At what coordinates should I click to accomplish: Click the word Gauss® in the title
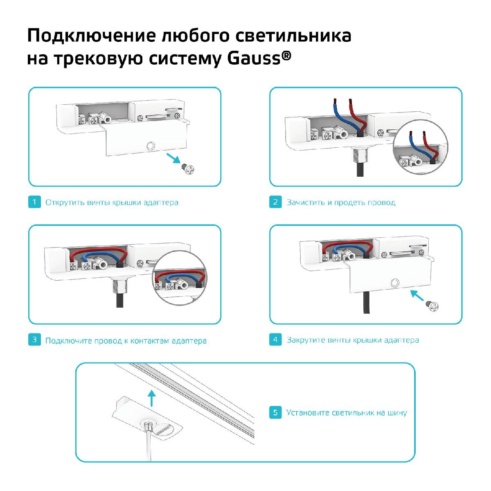click(x=259, y=58)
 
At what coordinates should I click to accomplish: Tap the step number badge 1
click(x=34, y=202)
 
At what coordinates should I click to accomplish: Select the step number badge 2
click(x=275, y=202)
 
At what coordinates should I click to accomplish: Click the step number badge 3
click(x=34, y=340)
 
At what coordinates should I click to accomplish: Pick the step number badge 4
click(x=275, y=340)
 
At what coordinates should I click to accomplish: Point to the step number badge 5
click(x=275, y=412)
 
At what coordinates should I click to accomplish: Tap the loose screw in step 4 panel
click(x=431, y=305)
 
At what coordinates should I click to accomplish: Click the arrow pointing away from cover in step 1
click(x=173, y=158)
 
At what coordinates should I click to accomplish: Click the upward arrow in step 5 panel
click(x=152, y=397)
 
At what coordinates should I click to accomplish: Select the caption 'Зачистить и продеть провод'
click(x=341, y=202)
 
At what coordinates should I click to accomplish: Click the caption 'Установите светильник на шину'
click(x=346, y=412)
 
